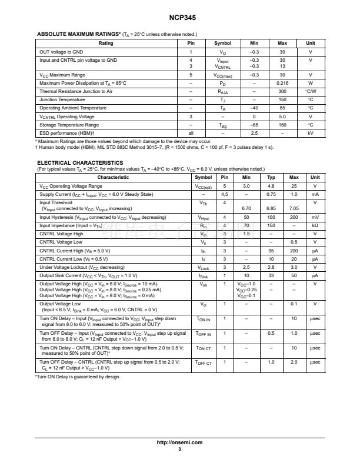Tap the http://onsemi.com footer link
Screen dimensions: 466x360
[x=179, y=442]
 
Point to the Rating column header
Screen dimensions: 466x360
[x=106, y=44]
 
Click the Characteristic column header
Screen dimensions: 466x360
[x=113, y=177]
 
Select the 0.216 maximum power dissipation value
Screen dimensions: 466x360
[x=282, y=83]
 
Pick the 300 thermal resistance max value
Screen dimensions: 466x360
[x=282, y=91]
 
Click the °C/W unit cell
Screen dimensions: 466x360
[x=311, y=91]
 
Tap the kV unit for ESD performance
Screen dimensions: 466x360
[x=311, y=133]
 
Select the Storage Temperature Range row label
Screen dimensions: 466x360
[x=69, y=125]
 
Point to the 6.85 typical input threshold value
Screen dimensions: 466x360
[x=271, y=208]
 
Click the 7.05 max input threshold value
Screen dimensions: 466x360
[x=294, y=208]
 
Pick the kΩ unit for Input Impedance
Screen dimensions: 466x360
[x=315, y=225]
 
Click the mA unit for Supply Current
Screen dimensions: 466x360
[x=315, y=194]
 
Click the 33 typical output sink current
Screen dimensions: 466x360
[x=271, y=275]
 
